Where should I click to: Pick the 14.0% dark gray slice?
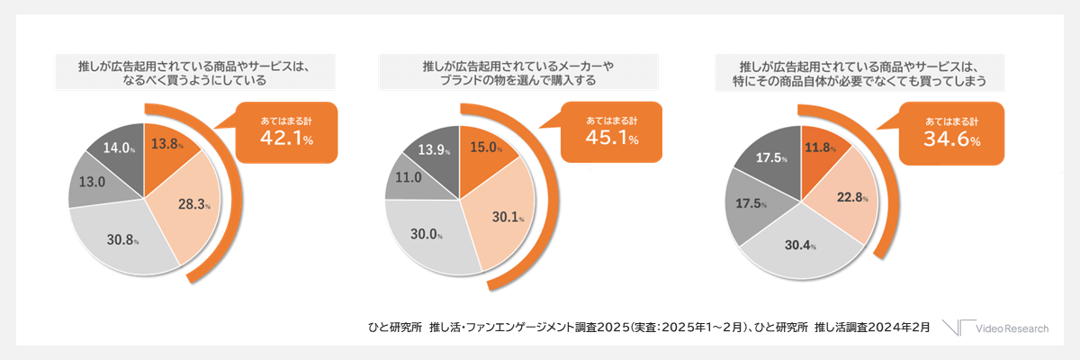pyautogui.click(x=119, y=148)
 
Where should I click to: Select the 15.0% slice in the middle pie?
pyautogui.click(x=484, y=148)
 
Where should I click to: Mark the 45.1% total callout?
pyautogui.click(x=611, y=133)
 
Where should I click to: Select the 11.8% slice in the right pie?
pyautogui.click(x=821, y=148)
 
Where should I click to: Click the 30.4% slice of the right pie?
pyautogui.click(x=797, y=246)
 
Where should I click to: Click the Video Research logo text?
pyautogui.click(x=1012, y=328)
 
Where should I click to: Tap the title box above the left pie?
pyautogui.click(x=194, y=73)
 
